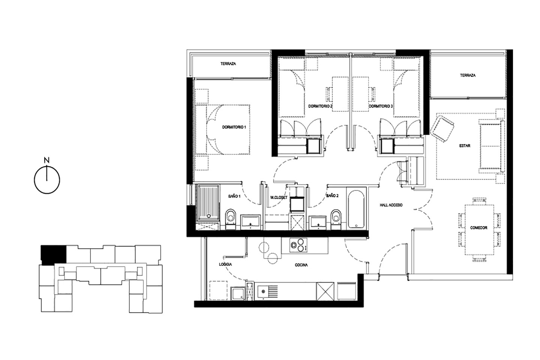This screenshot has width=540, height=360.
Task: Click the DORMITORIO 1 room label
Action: [x=234, y=127]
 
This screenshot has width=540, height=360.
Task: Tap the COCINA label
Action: [x=301, y=265]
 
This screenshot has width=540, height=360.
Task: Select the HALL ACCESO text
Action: [x=391, y=205]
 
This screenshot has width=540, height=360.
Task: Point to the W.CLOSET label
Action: [x=279, y=198]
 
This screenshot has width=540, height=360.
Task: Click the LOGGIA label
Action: [x=225, y=264]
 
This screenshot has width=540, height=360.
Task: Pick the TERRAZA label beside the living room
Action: [x=468, y=75]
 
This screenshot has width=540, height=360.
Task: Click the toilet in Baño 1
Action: [x=231, y=219]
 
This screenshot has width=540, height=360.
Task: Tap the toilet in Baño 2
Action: [x=336, y=219]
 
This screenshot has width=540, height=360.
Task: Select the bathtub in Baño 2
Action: [x=356, y=209]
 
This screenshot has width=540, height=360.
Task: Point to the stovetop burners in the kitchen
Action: [x=298, y=245]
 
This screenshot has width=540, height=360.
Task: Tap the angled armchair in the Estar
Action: [x=442, y=129]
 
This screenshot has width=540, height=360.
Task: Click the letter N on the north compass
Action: [x=47, y=160]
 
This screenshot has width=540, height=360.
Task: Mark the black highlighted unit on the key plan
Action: [x=53, y=255]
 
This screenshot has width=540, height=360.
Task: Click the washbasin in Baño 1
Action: [x=251, y=221]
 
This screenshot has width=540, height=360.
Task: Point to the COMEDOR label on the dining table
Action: [x=479, y=228]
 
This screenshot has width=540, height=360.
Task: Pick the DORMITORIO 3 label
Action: [x=381, y=106]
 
